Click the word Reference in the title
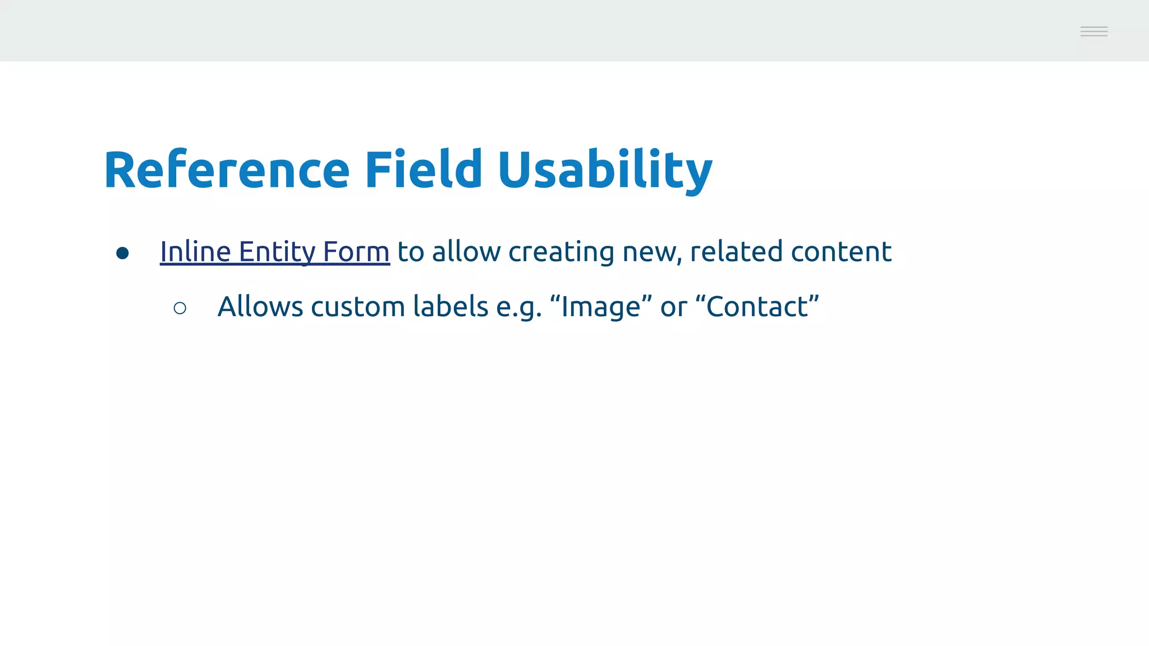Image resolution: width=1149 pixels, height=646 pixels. [x=227, y=169]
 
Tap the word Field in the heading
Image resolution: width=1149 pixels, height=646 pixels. [x=424, y=169]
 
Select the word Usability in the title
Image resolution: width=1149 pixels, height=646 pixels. [x=605, y=170]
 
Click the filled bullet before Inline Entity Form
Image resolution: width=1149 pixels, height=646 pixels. [x=122, y=253]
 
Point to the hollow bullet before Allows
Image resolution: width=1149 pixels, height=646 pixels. [x=180, y=308]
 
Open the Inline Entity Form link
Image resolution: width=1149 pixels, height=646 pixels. [x=275, y=252]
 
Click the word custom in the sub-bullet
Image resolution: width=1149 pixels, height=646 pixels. [x=358, y=307]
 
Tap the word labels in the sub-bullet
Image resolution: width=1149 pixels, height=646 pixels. [x=451, y=307]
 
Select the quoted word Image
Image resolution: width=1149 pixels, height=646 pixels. [x=601, y=307]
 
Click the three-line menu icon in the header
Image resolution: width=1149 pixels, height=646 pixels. [x=1094, y=31]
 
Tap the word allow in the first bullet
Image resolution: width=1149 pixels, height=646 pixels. [x=466, y=252]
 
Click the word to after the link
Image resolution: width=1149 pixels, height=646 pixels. [x=411, y=252]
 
